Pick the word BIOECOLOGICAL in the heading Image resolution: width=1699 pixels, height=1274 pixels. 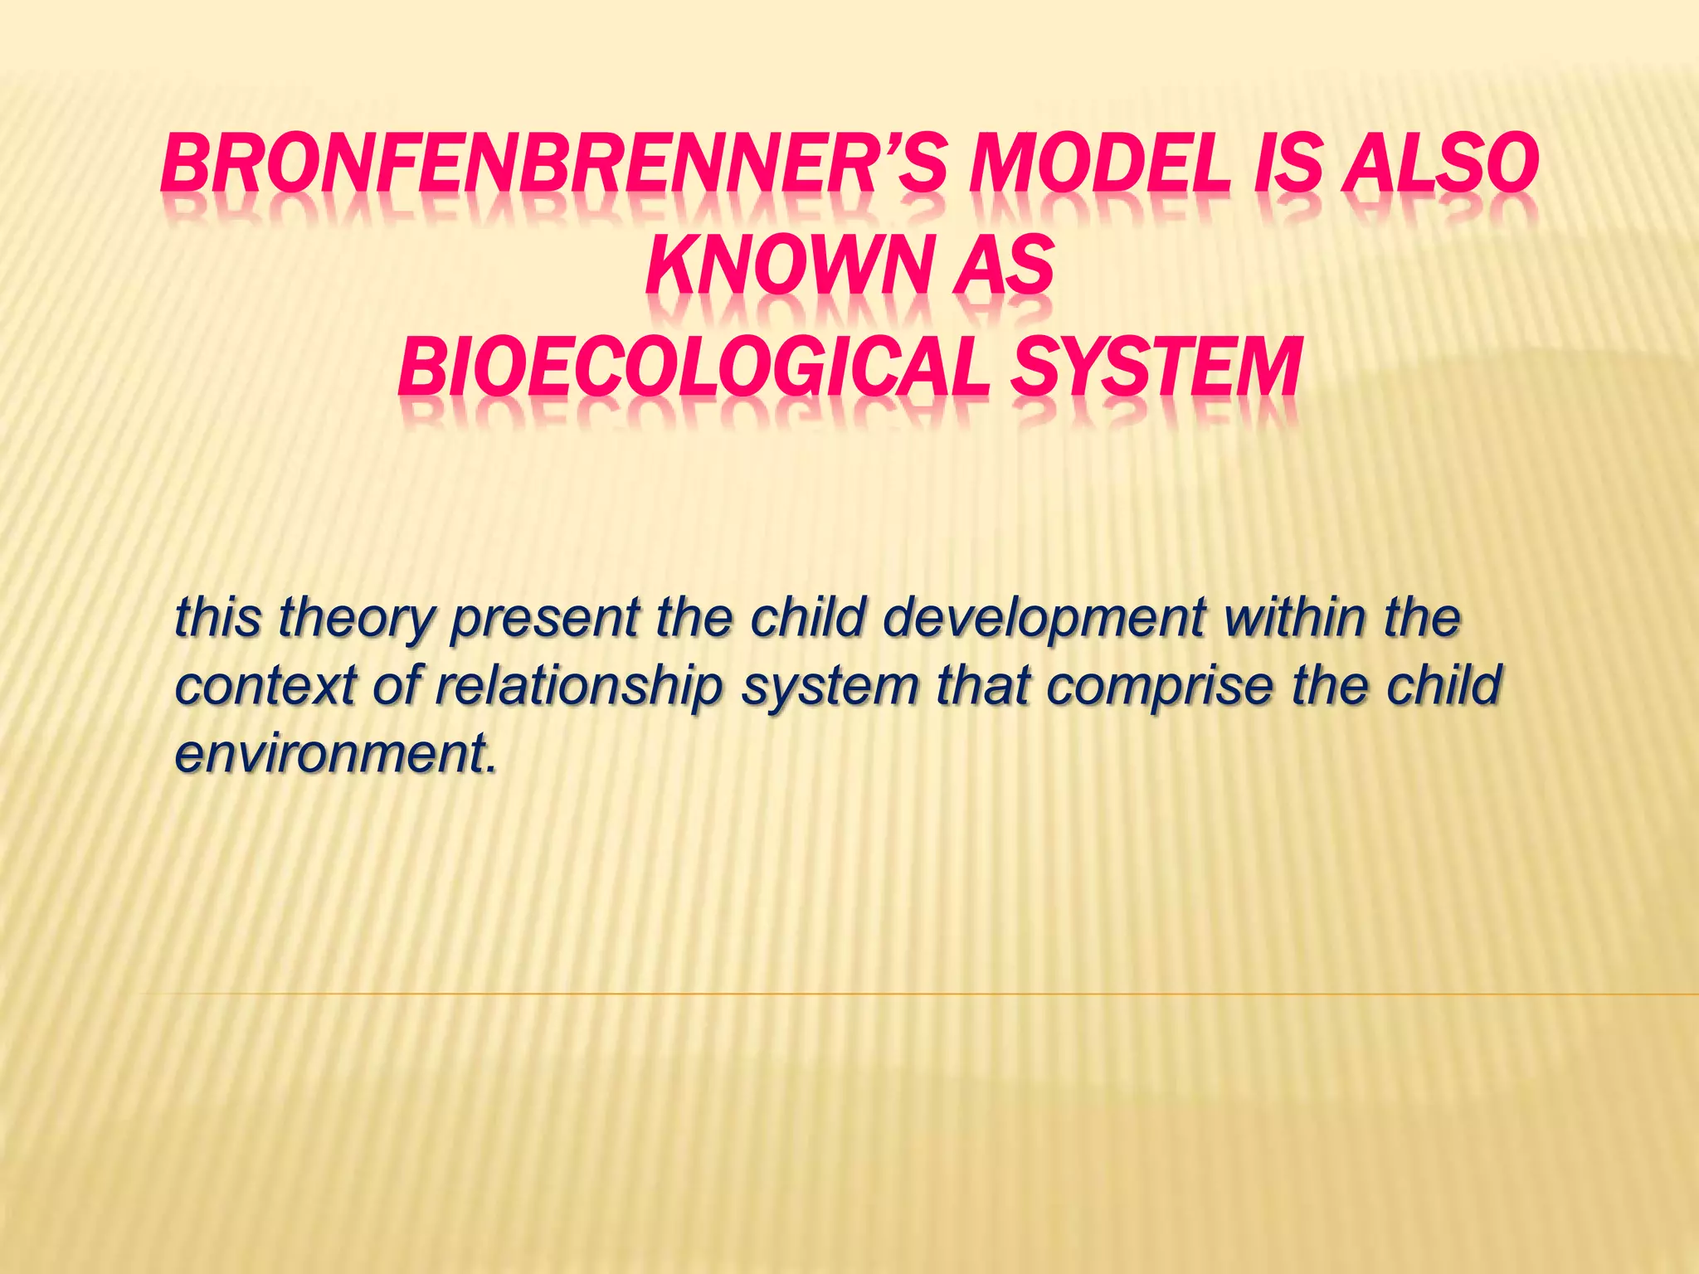694,368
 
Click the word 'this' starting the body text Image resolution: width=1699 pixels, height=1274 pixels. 217,618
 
